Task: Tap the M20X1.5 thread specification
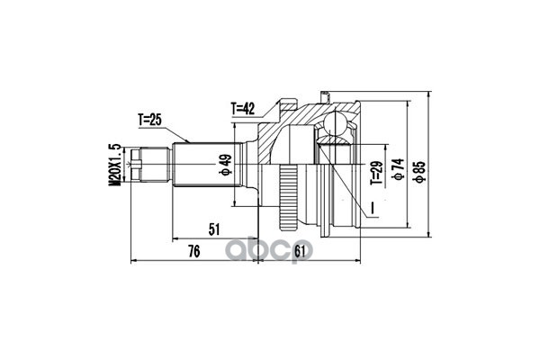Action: [x=114, y=165]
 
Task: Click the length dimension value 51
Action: [x=213, y=230]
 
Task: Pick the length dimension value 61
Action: [x=301, y=251]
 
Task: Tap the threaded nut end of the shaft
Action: [x=138, y=165]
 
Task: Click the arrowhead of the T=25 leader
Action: [x=188, y=142]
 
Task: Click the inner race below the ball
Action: [x=336, y=147]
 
